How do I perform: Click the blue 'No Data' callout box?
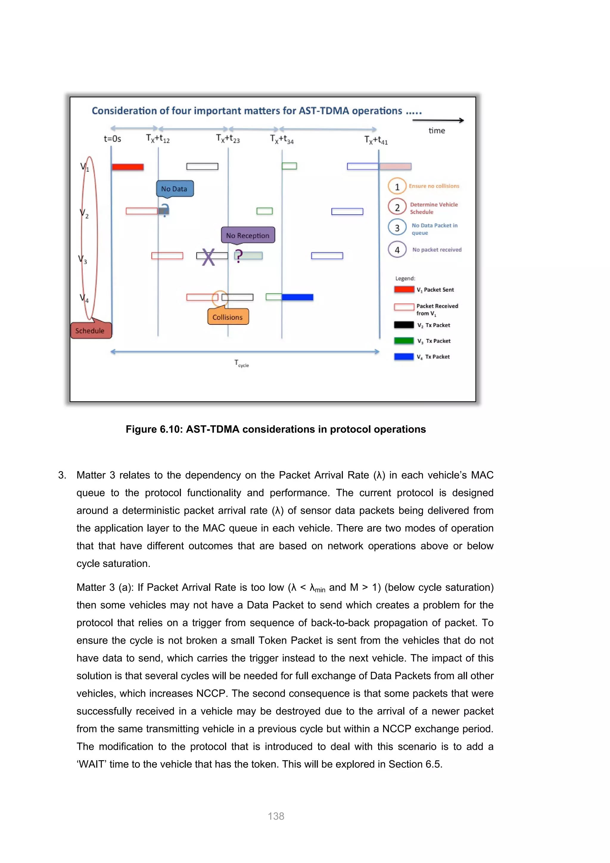(175, 189)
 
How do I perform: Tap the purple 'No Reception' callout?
(248, 235)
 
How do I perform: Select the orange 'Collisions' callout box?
(228, 317)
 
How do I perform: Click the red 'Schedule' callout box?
(90, 330)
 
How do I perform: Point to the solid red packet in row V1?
(128, 167)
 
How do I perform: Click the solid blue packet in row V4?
(297, 297)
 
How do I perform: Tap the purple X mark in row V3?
(208, 257)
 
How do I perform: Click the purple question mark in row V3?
(239, 256)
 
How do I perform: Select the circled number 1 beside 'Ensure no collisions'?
(397, 187)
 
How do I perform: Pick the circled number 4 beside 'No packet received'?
(397, 250)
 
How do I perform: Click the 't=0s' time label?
(112, 139)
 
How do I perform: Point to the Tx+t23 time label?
(228, 139)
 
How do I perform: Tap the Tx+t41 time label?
(376, 140)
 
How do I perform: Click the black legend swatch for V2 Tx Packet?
(404, 325)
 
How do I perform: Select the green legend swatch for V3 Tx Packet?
(404, 341)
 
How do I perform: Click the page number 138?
(276, 816)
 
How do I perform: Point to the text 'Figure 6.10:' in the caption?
(154, 429)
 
